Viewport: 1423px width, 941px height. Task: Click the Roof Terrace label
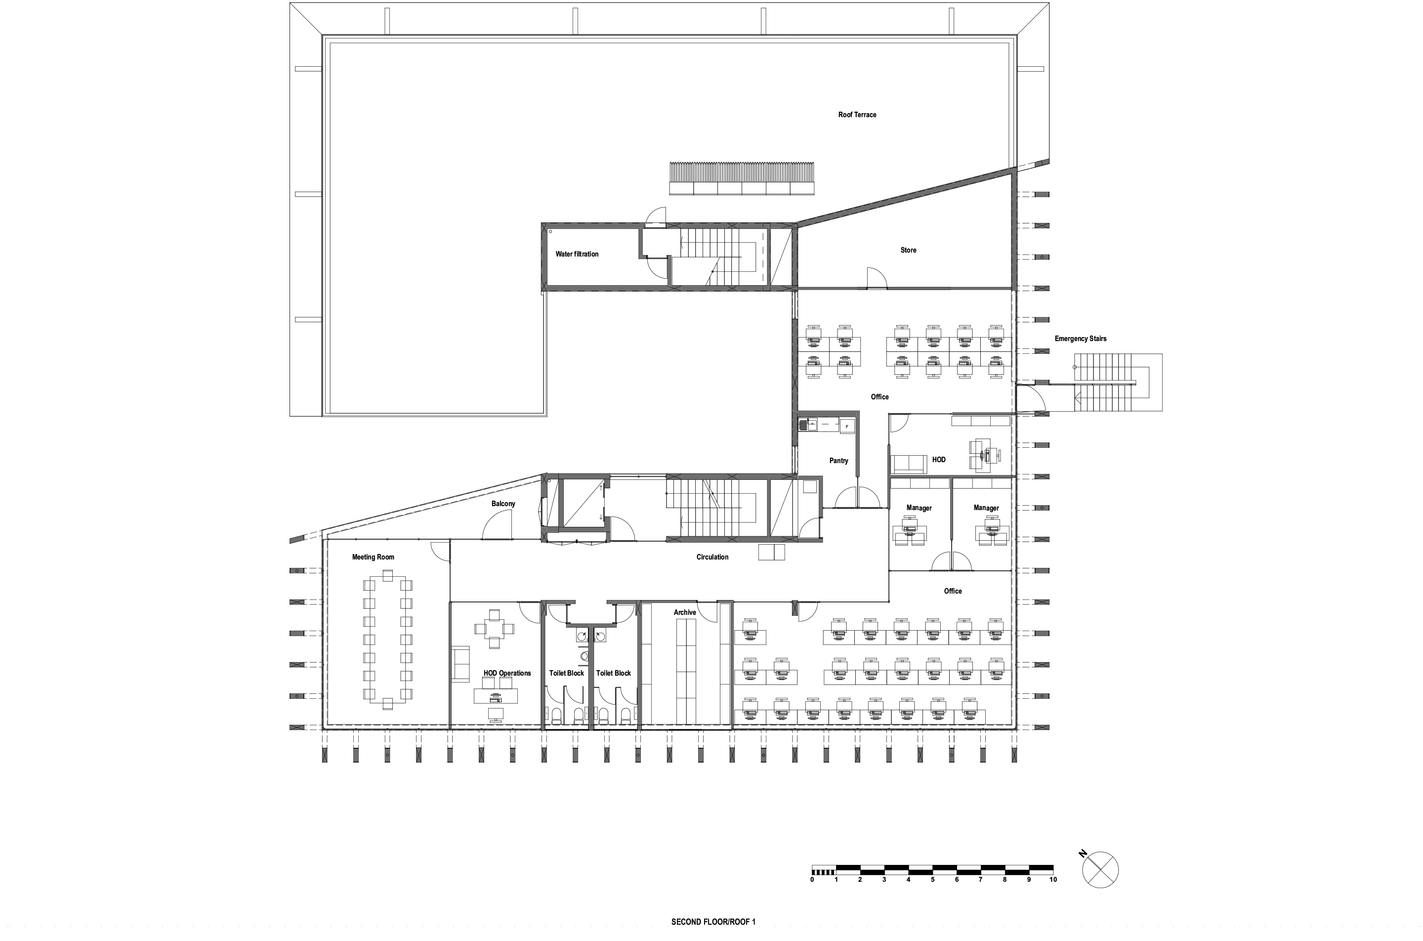coord(857,115)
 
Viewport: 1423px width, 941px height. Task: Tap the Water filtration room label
coord(577,254)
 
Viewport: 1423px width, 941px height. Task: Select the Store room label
coord(908,250)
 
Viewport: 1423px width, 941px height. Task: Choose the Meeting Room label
coord(373,557)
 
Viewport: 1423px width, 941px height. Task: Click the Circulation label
coord(712,557)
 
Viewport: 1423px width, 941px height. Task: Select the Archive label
coord(684,613)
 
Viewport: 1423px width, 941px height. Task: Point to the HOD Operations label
coord(507,673)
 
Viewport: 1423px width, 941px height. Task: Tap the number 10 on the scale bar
coord(1053,880)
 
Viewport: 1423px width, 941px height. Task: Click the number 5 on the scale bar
coord(932,880)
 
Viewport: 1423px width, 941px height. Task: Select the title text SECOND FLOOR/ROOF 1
coord(713,922)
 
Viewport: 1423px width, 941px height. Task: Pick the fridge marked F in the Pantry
coord(846,426)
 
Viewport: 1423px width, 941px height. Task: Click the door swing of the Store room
coord(877,278)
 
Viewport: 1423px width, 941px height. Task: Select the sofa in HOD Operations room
coord(460,664)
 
